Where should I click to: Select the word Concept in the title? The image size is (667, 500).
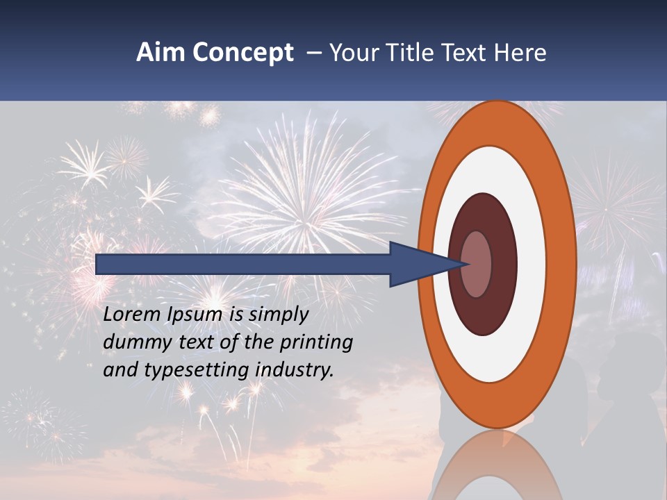click(x=242, y=53)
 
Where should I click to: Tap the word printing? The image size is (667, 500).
click(x=316, y=342)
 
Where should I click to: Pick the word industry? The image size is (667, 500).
click(x=295, y=369)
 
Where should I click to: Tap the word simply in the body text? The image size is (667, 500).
click(x=278, y=315)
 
